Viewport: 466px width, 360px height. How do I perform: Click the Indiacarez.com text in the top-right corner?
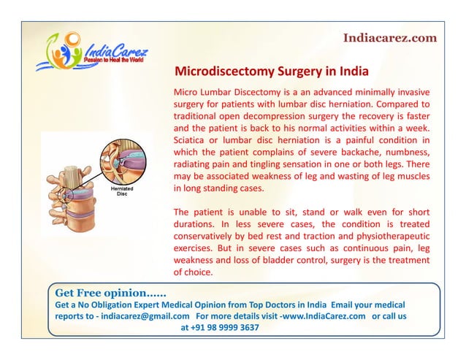(x=389, y=38)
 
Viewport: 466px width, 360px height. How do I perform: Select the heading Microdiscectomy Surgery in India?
(x=271, y=72)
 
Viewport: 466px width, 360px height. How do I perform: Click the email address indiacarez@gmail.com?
(x=147, y=316)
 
